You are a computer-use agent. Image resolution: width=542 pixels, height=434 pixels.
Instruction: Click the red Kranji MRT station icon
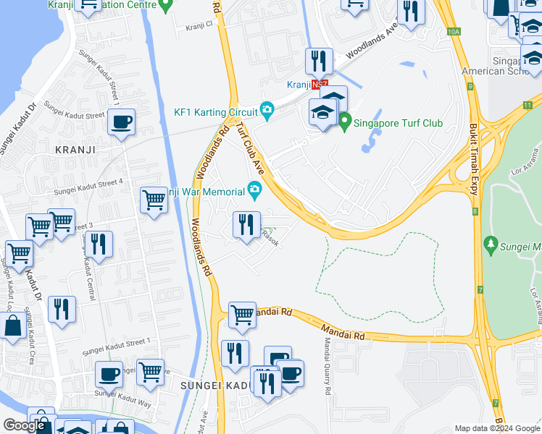315,85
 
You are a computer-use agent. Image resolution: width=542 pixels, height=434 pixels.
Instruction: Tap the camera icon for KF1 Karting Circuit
267,111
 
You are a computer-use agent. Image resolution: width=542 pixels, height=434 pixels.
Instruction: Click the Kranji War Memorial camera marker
254,191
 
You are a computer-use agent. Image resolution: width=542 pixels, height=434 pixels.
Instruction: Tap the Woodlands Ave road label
372,44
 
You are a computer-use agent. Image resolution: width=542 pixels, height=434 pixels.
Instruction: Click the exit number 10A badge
454,32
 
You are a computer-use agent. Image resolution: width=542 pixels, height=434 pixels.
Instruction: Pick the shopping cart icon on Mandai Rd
242,315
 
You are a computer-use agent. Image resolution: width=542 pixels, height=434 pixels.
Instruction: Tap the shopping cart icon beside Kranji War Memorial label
154,199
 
